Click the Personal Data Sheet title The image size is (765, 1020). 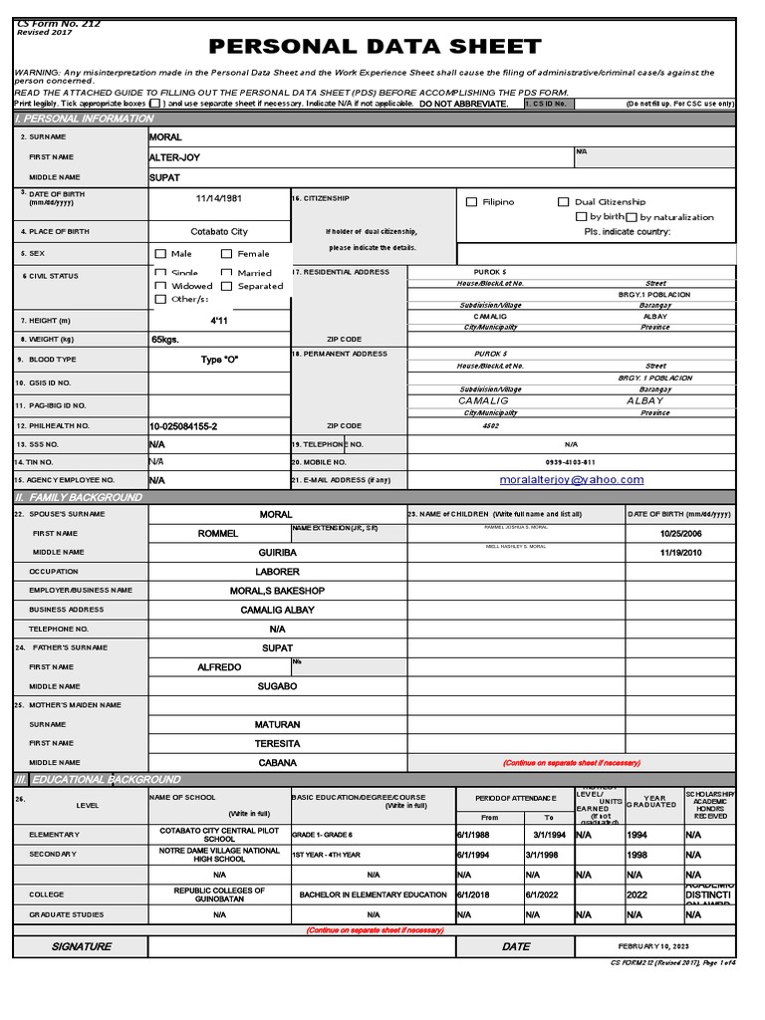click(x=375, y=47)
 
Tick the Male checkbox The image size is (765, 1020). click(x=161, y=254)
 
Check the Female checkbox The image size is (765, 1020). click(x=227, y=254)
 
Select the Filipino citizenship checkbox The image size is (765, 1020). click(x=472, y=202)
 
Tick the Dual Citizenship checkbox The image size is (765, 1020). click(x=564, y=202)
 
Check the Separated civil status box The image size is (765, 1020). click(x=227, y=287)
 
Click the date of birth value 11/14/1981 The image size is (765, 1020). click(x=219, y=198)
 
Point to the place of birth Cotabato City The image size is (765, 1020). click(x=219, y=231)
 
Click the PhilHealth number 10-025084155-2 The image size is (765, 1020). click(x=183, y=426)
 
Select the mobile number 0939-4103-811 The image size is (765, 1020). click(x=571, y=462)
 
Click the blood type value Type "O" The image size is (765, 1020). click(x=219, y=360)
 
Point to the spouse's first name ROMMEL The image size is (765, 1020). click(x=218, y=534)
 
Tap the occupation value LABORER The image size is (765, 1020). click(x=277, y=572)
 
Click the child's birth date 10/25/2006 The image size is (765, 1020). click(x=680, y=534)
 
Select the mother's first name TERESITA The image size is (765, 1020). click(x=277, y=743)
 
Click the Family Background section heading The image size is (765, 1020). click(x=79, y=497)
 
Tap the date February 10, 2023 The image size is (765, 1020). click(x=653, y=946)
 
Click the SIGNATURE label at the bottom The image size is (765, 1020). click(x=82, y=946)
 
